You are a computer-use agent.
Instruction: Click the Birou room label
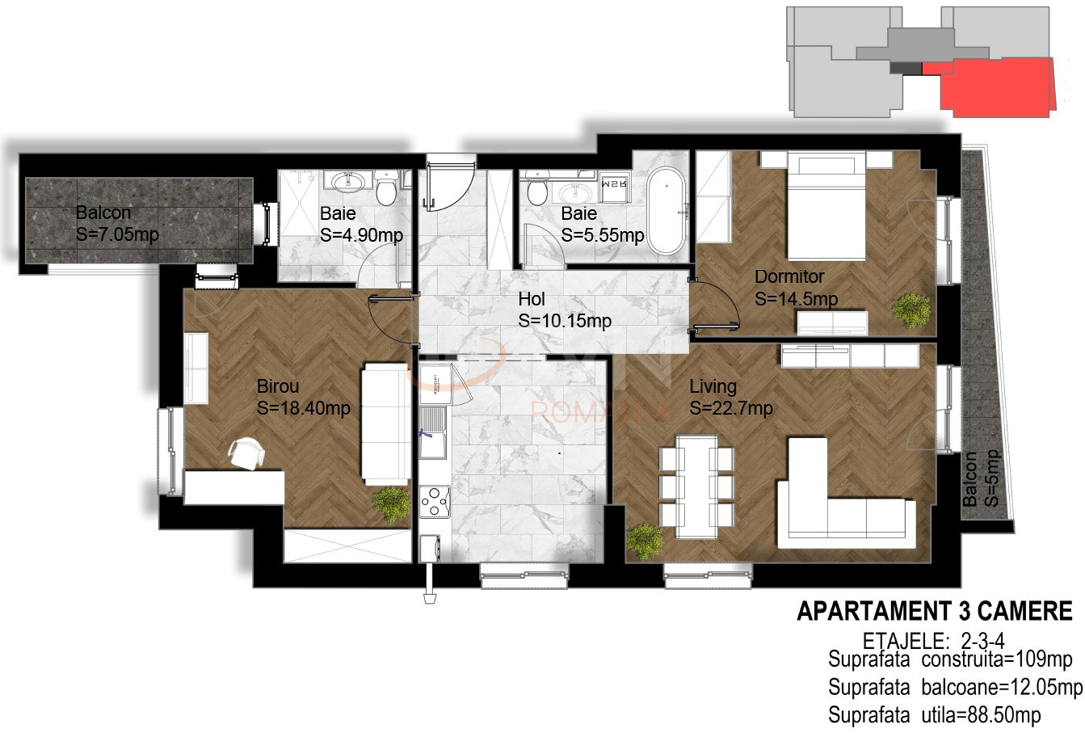(x=278, y=386)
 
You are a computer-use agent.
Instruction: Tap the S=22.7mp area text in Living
(x=731, y=408)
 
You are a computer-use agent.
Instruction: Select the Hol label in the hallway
(x=532, y=299)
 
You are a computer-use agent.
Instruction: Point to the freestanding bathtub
(x=667, y=210)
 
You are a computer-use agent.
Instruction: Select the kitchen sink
(x=432, y=432)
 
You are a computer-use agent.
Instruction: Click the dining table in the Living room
(x=697, y=487)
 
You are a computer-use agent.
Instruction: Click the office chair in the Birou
(x=246, y=453)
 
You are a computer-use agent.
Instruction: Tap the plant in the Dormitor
(x=911, y=310)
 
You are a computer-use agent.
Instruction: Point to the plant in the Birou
(x=391, y=504)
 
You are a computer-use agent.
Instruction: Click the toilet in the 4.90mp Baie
(x=386, y=188)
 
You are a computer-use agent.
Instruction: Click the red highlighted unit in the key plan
(x=993, y=87)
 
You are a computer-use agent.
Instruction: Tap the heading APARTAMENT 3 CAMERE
(x=935, y=611)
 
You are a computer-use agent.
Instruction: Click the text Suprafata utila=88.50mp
(x=935, y=715)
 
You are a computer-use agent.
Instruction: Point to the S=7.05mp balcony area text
(x=117, y=234)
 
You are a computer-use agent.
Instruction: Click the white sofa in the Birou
(x=386, y=424)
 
